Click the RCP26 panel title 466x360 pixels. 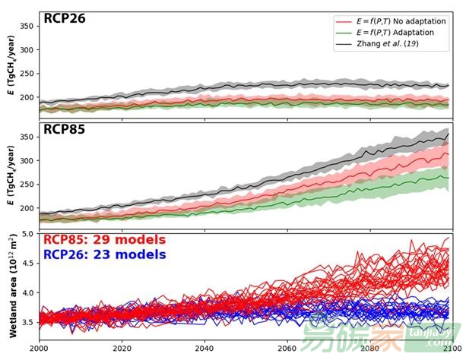tap(65, 19)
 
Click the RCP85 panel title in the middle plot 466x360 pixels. tap(65, 130)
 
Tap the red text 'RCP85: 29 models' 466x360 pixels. tap(103, 240)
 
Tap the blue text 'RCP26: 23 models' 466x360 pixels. tap(103, 254)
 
